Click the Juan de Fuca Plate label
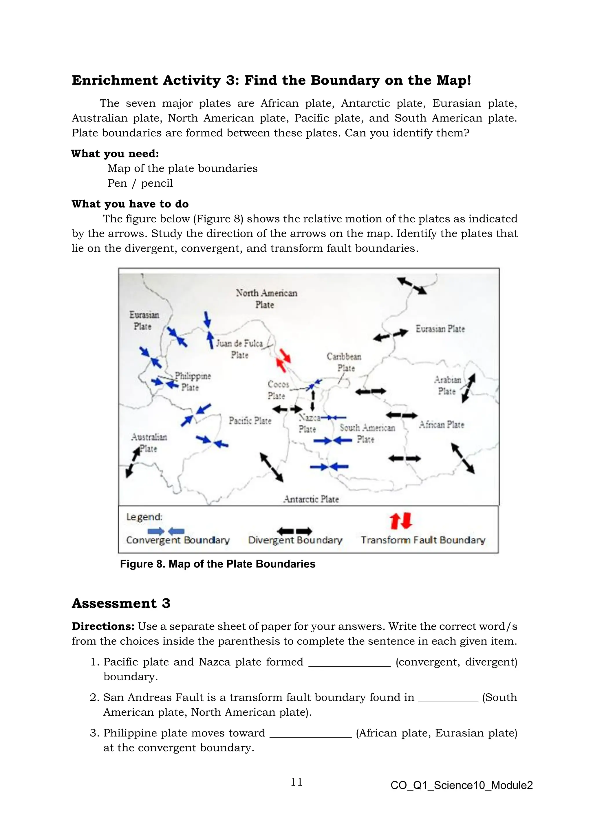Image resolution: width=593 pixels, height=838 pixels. (x=239, y=349)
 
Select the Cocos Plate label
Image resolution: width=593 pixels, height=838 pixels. (x=277, y=389)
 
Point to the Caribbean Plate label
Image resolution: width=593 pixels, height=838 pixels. (x=344, y=362)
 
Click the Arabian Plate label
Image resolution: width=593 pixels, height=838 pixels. (x=447, y=385)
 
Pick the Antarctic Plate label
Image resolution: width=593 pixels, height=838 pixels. (x=311, y=499)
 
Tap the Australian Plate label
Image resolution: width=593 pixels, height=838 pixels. (x=149, y=442)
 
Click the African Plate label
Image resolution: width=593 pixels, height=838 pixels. (x=442, y=424)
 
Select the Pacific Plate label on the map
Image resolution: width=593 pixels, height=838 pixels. (x=250, y=420)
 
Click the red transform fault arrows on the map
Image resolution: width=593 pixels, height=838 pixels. (x=283, y=360)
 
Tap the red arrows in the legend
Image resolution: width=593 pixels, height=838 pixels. (x=400, y=521)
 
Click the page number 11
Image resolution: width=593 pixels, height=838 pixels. (x=296, y=782)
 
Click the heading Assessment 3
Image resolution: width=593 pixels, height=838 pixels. (x=121, y=603)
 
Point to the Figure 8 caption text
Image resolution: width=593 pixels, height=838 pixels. (x=218, y=564)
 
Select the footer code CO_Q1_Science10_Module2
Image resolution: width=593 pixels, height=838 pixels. (x=462, y=785)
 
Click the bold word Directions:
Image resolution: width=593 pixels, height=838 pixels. (x=103, y=626)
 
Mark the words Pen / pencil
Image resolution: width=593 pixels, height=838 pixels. (x=140, y=183)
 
